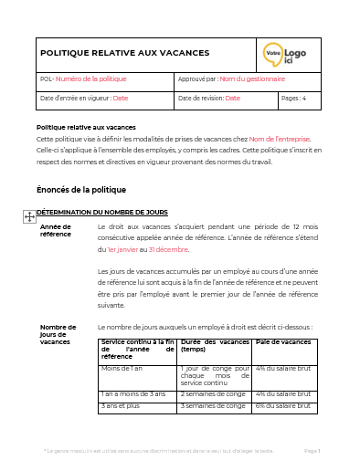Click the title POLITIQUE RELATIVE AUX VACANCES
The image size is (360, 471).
pyautogui.click(x=125, y=53)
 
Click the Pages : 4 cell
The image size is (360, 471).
pyautogui.click(x=294, y=98)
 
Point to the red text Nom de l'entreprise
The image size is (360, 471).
pyautogui.click(x=280, y=139)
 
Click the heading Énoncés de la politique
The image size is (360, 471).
pyautogui.click(x=80, y=190)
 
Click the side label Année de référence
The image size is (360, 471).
pyautogui.click(x=56, y=230)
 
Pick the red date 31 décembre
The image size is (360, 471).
pyautogui.click(x=168, y=248)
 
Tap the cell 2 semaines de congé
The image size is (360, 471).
pyautogui.click(x=213, y=393)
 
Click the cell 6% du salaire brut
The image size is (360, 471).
pyautogui.click(x=283, y=404)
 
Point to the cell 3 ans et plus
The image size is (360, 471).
pyautogui.click(x=121, y=404)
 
